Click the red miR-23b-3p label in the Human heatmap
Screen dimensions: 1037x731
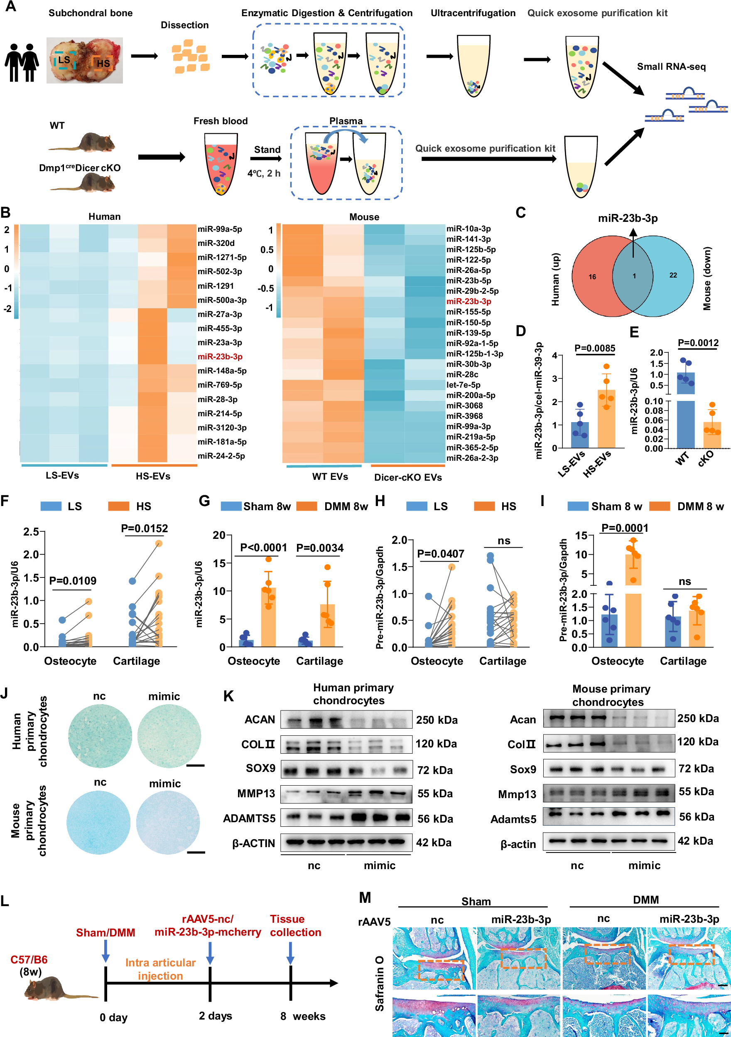[220, 357]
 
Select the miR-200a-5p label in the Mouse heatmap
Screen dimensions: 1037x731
[471, 395]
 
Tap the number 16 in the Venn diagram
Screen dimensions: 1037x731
[592, 277]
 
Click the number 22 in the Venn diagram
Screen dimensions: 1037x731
[673, 275]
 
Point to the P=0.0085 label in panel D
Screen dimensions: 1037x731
[595, 348]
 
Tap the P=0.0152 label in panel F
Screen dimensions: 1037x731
[145, 528]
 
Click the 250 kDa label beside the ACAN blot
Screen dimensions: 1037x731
[437, 720]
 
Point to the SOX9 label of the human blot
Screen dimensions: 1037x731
[260, 768]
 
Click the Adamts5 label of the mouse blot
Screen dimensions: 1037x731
[513, 819]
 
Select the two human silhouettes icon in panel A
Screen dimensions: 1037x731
[22, 62]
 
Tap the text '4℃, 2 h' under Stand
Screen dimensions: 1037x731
[264, 173]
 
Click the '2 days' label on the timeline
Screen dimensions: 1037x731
[216, 1016]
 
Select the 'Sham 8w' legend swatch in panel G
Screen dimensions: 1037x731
[231, 506]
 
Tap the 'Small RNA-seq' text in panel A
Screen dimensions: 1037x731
[671, 67]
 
